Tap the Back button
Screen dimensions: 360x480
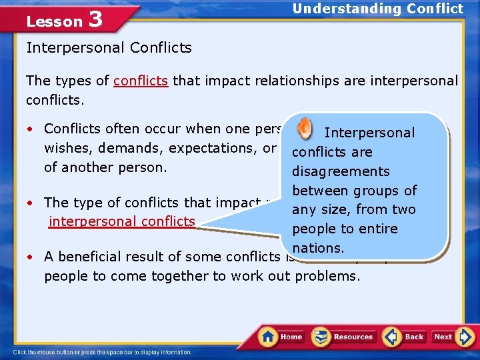[x=405, y=336]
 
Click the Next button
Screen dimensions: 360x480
[x=443, y=336]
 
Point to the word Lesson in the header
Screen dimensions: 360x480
[x=54, y=21]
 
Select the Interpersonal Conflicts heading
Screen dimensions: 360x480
[x=109, y=48]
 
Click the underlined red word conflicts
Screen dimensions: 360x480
[x=141, y=81]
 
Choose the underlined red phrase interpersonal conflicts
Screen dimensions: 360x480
[x=122, y=221]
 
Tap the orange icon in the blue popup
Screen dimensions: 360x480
[x=304, y=127]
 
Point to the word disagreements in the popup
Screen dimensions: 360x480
[x=341, y=171]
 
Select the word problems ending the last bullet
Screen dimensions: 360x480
[x=327, y=276]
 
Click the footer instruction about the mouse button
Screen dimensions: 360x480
[x=102, y=352]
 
